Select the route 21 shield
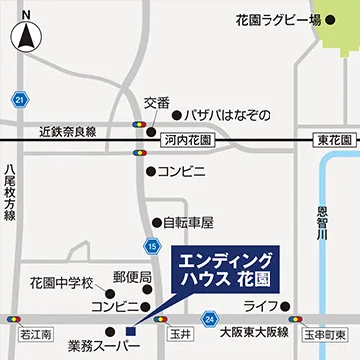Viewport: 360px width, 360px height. (20, 99)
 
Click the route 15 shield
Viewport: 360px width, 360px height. (151, 245)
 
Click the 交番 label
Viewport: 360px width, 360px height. (157, 102)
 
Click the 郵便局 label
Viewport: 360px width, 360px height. (131, 276)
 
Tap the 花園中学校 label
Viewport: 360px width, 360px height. (61, 282)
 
